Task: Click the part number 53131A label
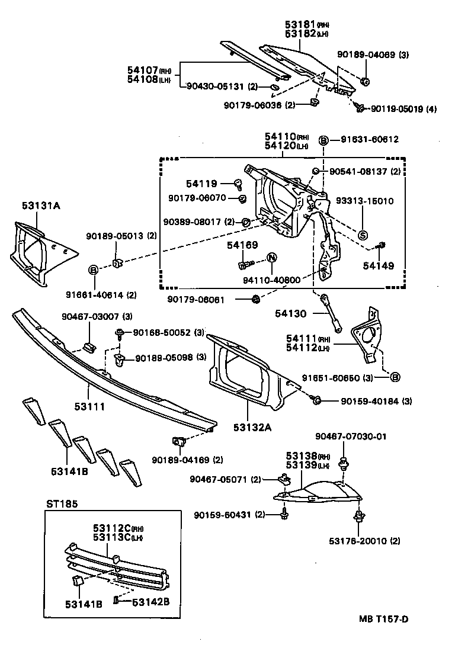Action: point(41,206)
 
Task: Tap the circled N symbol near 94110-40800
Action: point(272,258)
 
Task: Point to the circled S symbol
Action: point(363,235)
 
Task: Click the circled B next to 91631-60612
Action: point(323,140)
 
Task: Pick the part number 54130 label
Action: point(291,313)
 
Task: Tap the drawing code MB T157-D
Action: point(383,620)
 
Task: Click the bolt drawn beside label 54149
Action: point(383,245)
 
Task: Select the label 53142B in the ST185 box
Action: point(150,602)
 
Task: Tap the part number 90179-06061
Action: point(204,299)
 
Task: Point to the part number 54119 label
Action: point(202,184)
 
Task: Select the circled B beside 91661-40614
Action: point(93,270)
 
